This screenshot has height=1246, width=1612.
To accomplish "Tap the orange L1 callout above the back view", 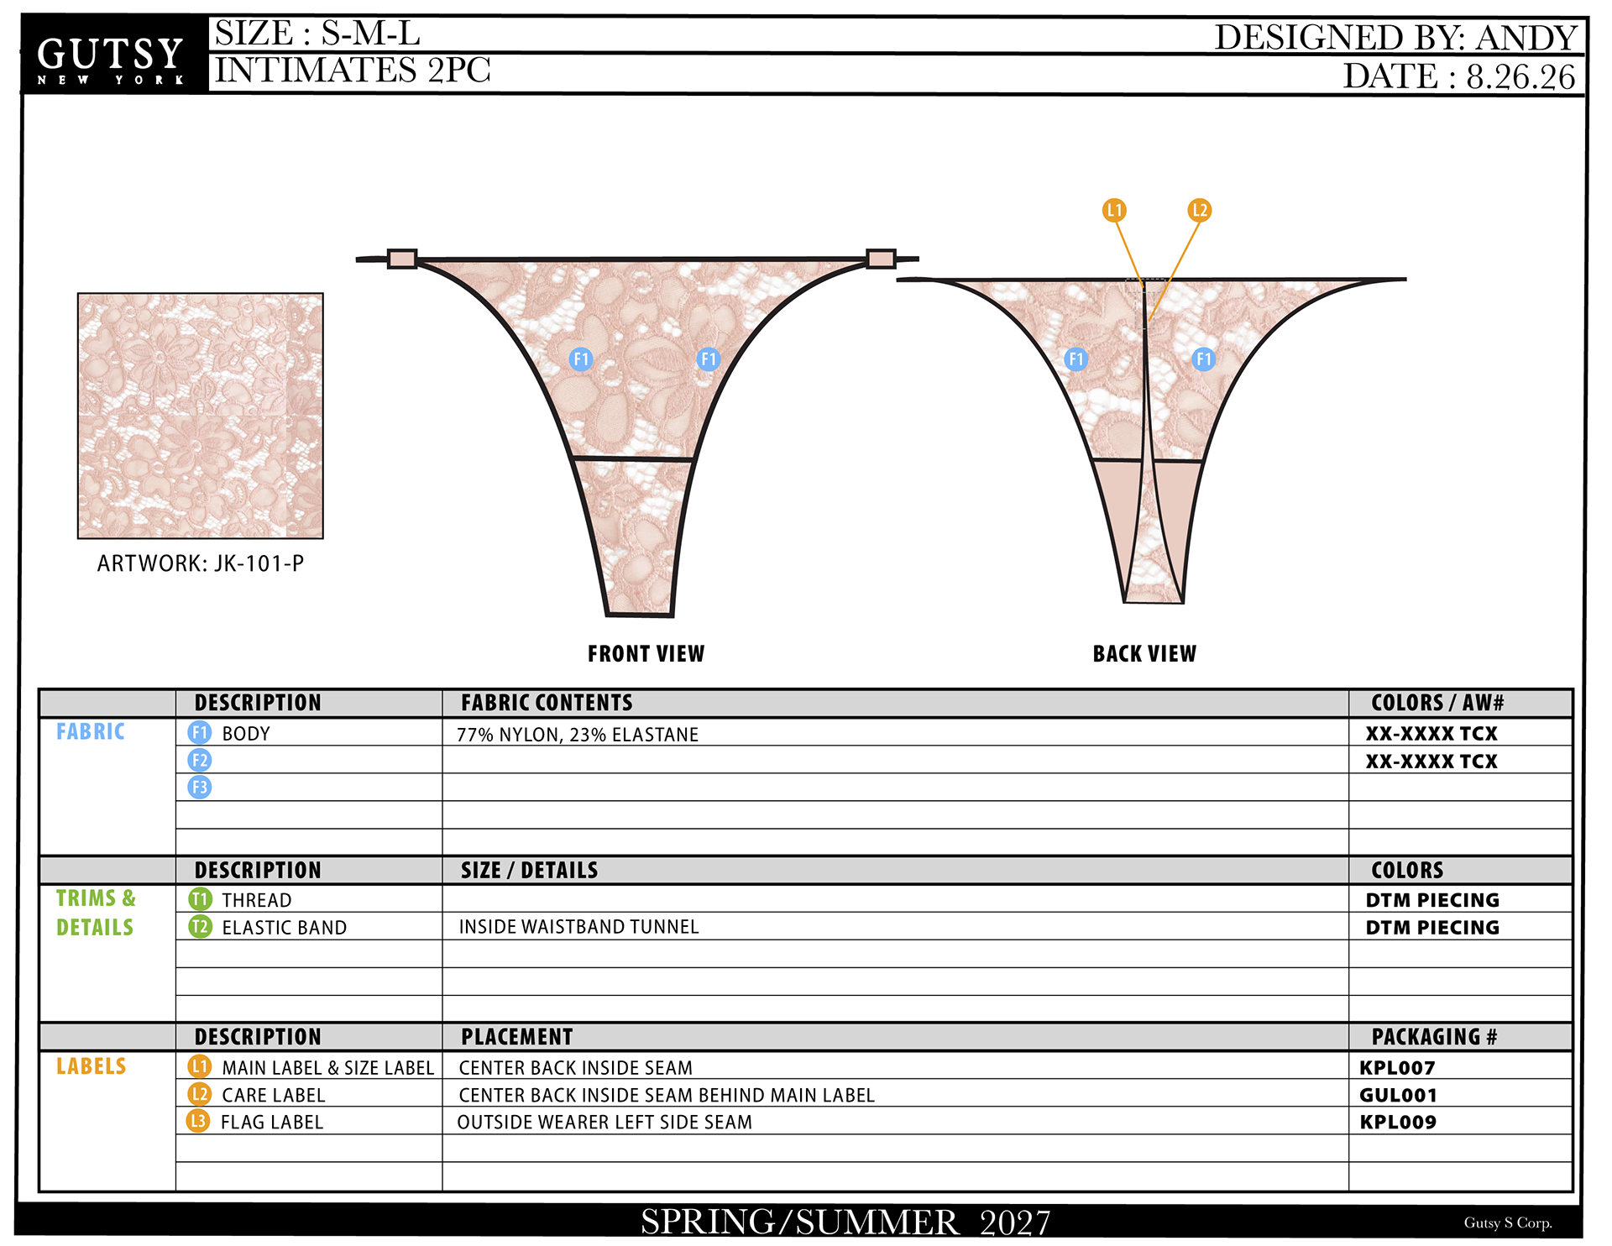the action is point(1114,210).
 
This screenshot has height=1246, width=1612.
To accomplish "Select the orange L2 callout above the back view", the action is point(1199,210).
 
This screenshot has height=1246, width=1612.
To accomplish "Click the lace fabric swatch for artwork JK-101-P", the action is point(200,416).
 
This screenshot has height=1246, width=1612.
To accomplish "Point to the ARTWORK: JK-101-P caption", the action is point(201,563).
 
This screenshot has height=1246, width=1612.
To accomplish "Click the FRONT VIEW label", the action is point(646,653).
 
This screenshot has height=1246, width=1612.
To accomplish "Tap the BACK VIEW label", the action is point(1144,653).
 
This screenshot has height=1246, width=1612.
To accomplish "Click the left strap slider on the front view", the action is point(402,259).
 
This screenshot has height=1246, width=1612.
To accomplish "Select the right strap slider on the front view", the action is point(881,259).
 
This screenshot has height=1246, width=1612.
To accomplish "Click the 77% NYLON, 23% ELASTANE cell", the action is point(578,735).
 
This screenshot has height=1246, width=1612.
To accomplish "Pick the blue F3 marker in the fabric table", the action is point(199,788).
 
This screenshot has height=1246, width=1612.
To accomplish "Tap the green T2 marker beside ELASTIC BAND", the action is point(200,927).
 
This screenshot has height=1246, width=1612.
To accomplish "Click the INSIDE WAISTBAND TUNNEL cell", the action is point(578,927).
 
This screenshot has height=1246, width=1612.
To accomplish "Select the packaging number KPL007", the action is point(1397,1068).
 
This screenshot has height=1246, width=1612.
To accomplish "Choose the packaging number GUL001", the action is point(1398,1095).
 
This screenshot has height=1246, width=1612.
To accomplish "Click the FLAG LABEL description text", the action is point(272,1122).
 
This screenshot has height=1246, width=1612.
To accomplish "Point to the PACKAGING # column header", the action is point(1434,1037).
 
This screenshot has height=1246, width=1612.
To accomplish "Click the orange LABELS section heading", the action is point(91,1066).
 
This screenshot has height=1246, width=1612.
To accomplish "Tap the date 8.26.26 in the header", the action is point(1520,76).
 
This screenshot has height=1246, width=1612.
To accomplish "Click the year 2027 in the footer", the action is point(1015,1222).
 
